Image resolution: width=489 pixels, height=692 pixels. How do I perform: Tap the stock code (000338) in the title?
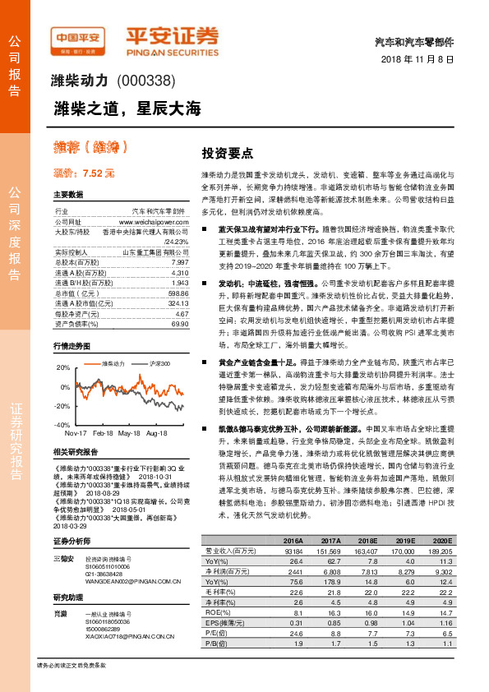147,81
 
